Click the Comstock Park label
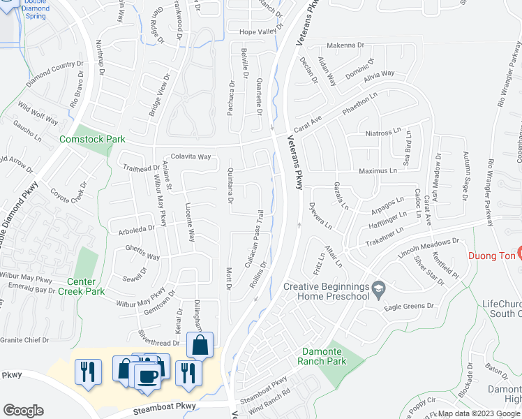[92, 139]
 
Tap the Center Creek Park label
[81, 286]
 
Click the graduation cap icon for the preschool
[379, 288]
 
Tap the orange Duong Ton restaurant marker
[518, 251]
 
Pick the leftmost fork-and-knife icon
[86, 370]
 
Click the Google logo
[23, 411]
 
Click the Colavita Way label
[191, 157]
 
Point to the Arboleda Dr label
[130, 228]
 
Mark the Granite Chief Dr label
[25, 340]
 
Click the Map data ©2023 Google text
[479, 413]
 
